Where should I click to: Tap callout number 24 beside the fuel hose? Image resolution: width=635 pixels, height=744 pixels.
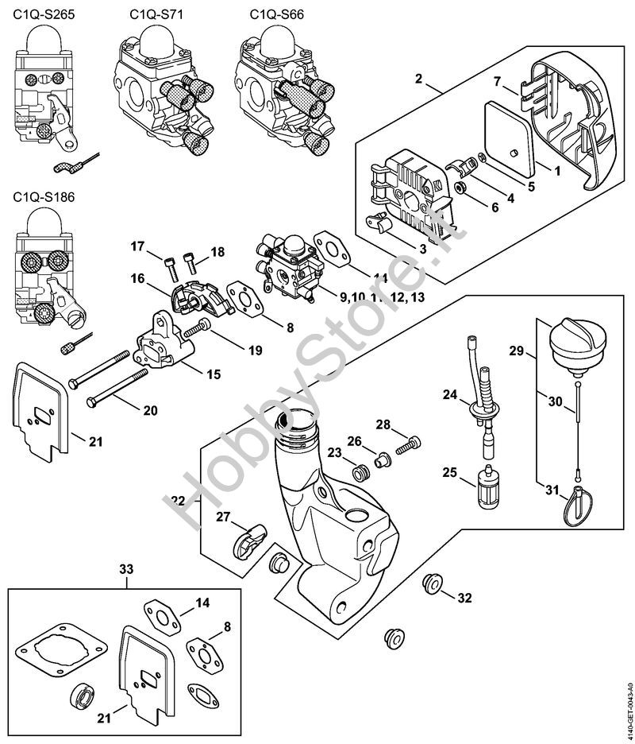point(449,394)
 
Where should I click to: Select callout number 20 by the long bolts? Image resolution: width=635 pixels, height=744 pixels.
point(150,410)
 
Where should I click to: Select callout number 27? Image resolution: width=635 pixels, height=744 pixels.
point(225,517)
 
